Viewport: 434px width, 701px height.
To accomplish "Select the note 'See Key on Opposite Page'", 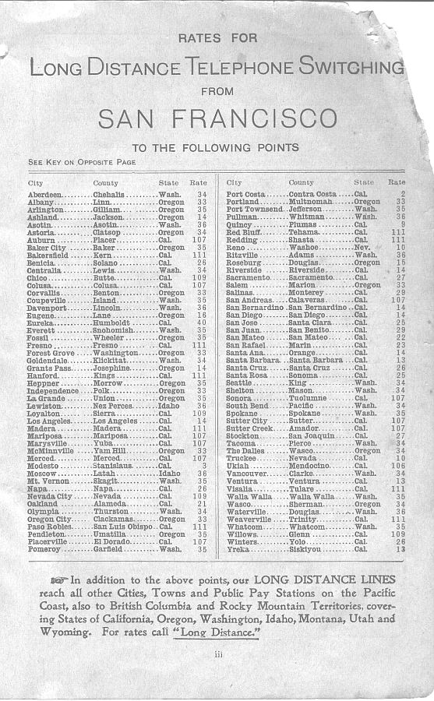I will tap(82, 162).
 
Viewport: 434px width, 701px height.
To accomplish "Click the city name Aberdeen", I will tap(44, 193).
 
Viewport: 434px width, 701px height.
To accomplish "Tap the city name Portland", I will tap(242, 201).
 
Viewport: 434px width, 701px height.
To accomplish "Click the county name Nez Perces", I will tap(112, 406).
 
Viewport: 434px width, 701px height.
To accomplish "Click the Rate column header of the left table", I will tap(199, 182).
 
